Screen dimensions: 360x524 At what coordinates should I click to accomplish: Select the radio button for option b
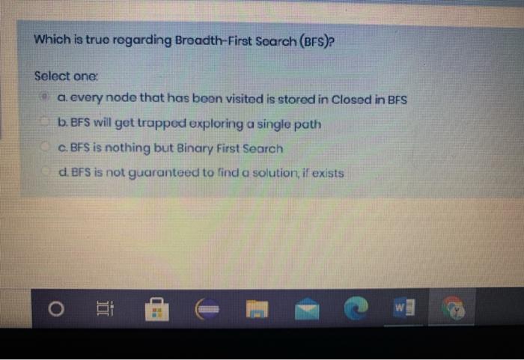pyautogui.click(x=46, y=123)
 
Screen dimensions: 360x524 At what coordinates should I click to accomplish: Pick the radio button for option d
pyautogui.click(x=46, y=173)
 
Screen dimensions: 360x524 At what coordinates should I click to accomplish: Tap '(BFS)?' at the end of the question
pyautogui.click(x=320, y=39)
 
